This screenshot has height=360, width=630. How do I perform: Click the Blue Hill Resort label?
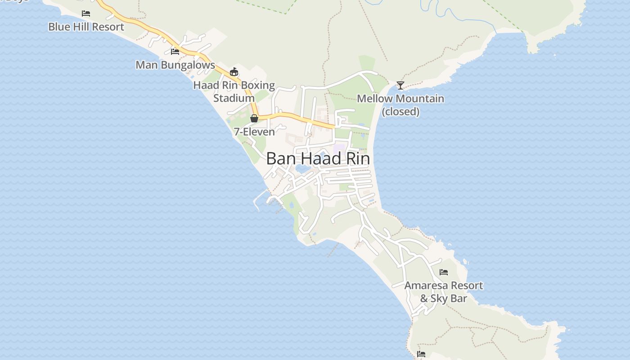click(86, 27)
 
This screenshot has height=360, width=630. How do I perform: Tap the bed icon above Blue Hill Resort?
click(86, 13)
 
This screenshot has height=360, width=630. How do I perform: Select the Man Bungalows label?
click(175, 65)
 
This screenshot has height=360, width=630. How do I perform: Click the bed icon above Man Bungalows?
click(175, 52)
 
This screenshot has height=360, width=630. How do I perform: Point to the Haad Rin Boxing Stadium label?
click(234, 91)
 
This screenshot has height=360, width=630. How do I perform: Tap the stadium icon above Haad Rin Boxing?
click(234, 72)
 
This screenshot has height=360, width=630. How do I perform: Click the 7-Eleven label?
click(254, 132)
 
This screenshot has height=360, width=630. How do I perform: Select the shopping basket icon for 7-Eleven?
click(254, 118)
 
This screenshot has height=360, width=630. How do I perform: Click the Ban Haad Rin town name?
click(318, 158)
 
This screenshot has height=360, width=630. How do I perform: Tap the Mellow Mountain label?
click(400, 99)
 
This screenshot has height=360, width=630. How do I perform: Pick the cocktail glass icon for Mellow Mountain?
click(400, 85)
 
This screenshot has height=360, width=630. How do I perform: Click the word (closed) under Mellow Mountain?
click(400, 112)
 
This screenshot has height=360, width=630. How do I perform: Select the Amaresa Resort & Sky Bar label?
click(444, 292)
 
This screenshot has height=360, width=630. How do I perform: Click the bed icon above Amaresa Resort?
click(444, 272)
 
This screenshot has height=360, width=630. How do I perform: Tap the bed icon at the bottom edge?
click(421, 354)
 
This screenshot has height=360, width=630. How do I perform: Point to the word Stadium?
click(234, 98)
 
